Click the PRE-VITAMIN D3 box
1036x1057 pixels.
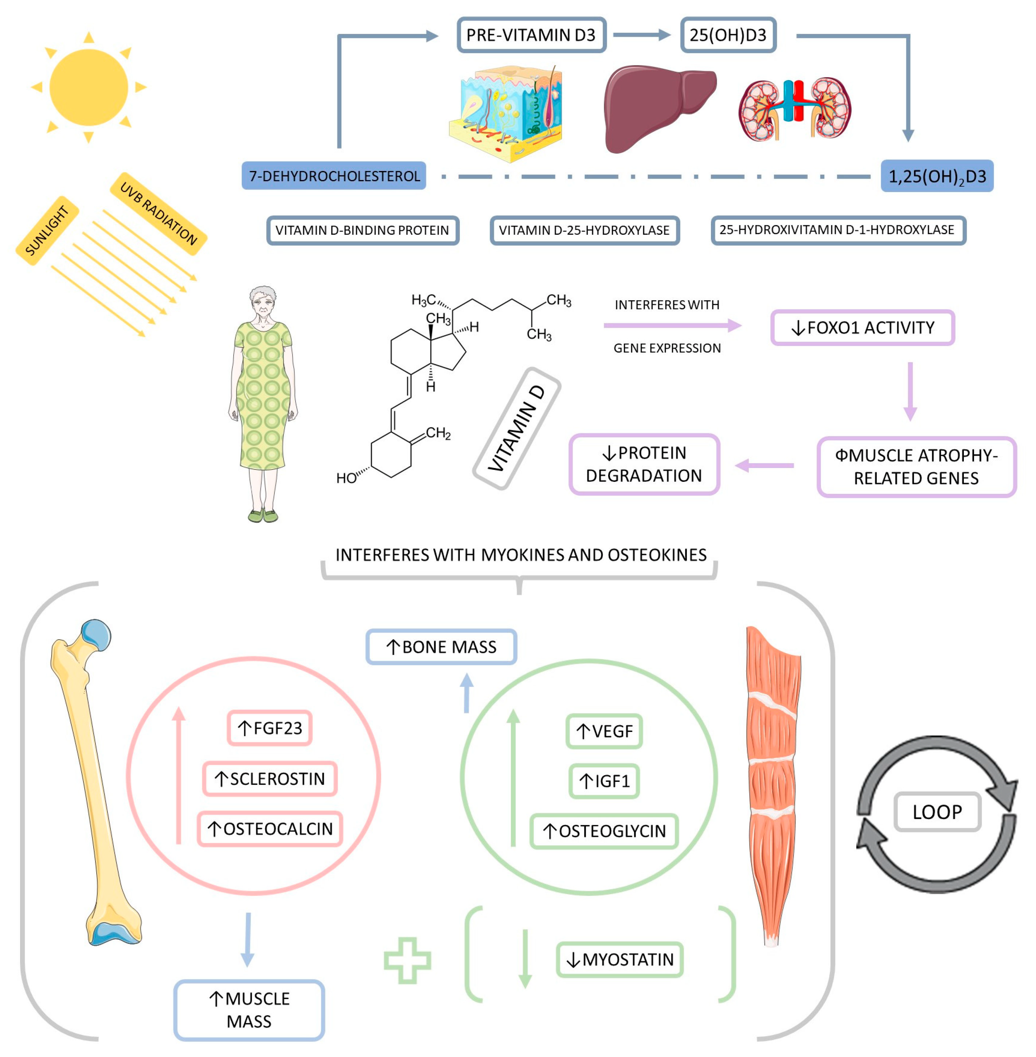[531, 35]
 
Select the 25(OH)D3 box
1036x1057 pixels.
[728, 35]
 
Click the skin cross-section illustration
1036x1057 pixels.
[505, 114]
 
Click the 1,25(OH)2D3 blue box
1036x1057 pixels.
[937, 176]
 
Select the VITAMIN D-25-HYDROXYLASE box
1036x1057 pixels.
[585, 230]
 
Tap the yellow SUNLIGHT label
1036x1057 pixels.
[47, 230]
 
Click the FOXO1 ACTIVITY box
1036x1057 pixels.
[863, 328]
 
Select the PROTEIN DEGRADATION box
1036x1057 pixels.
[644, 464]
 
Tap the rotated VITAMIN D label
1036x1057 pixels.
[516, 428]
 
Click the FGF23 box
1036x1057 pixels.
[269, 728]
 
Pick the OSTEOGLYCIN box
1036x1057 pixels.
[604, 831]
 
